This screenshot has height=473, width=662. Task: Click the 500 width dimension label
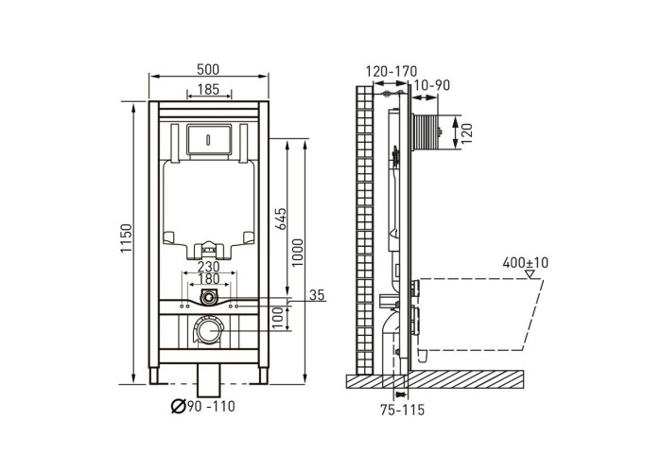click(x=208, y=69)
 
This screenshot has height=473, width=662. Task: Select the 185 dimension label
click(x=209, y=90)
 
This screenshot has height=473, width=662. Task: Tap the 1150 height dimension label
click(x=126, y=238)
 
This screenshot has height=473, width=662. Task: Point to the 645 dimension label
click(x=280, y=219)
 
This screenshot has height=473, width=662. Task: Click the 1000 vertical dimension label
click(x=297, y=253)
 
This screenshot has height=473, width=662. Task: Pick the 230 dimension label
click(x=209, y=267)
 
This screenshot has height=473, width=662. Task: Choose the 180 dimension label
click(x=209, y=279)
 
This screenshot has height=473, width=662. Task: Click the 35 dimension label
click(x=317, y=295)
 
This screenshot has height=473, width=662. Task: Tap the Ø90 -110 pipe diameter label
click(x=203, y=407)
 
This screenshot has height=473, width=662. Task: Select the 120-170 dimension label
click(x=392, y=71)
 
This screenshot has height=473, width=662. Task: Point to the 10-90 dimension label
click(x=432, y=85)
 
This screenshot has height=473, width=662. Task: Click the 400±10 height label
click(x=525, y=263)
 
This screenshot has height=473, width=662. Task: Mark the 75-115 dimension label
click(x=402, y=410)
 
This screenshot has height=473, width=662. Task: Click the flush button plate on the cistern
click(x=209, y=140)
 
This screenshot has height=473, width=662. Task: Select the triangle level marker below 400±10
click(x=530, y=273)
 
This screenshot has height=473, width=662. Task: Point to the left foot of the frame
click(x=153, y=376)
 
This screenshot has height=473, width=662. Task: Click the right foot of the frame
click(x=264, y=376)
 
